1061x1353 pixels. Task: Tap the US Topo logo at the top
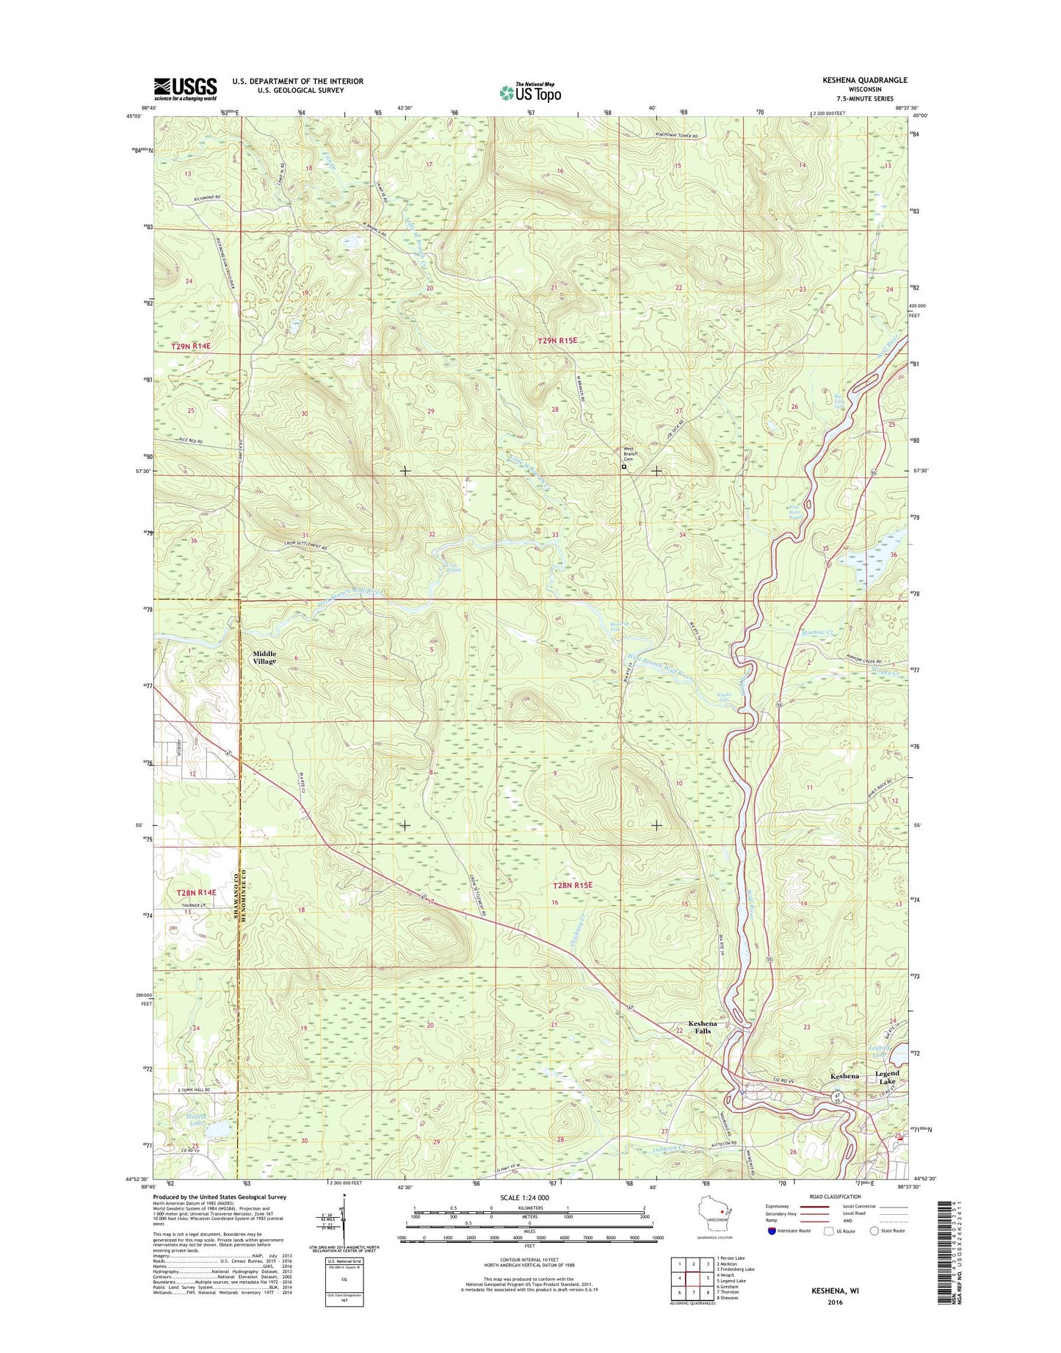tap(529, 93)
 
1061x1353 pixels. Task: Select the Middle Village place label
tap(264, 657)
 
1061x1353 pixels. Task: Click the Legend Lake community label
tap(887, 1078)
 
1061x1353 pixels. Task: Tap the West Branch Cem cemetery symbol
tap(624, 466)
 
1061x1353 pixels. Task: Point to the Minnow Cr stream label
tap(816, 632)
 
